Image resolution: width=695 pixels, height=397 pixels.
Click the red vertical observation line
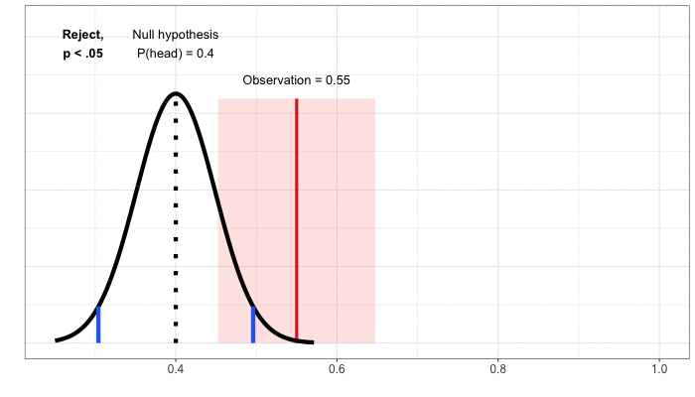tap(296, 218)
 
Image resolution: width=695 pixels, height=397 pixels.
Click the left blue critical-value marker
tap(98, 325)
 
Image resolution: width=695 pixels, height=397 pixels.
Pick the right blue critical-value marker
tap(253, 325)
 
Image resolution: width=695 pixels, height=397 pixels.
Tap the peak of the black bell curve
tap(176, 93)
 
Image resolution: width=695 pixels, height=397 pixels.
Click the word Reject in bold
tap(81, 35)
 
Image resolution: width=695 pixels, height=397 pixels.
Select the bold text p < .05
tap(82, 54)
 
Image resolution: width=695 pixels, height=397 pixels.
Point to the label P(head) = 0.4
tap(176, 54)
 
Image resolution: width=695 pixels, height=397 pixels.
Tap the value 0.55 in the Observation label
tap(337, 79)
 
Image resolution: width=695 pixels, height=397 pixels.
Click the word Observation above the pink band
tap(275, 79)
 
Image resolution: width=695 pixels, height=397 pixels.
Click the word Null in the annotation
tap(145, 35)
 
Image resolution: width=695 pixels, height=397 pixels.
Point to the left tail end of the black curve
tap(57, 340)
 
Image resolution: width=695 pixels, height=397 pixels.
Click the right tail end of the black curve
tap(313, 342)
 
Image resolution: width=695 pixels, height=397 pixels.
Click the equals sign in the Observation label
tap(317, 79)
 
